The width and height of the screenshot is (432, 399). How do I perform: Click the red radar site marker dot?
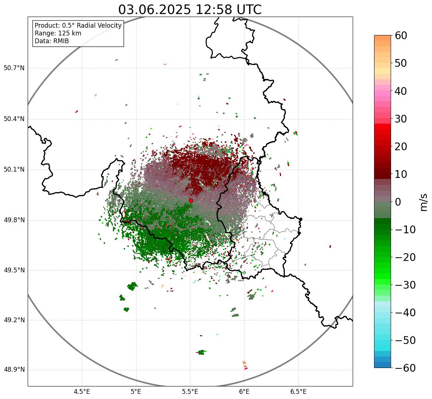191,200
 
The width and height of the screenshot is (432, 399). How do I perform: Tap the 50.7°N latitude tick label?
14,68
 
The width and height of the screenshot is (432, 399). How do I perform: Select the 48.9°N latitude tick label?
14,370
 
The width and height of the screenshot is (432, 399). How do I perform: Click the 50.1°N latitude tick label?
14,170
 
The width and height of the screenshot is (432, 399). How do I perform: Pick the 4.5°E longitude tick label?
82,392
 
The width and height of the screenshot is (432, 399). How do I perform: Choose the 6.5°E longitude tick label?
298,392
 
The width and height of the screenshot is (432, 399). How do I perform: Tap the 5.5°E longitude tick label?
190,392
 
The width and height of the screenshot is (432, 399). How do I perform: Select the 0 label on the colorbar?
398,202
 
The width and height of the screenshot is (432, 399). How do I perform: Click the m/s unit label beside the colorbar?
424,202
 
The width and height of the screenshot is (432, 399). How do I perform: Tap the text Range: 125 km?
58,33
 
